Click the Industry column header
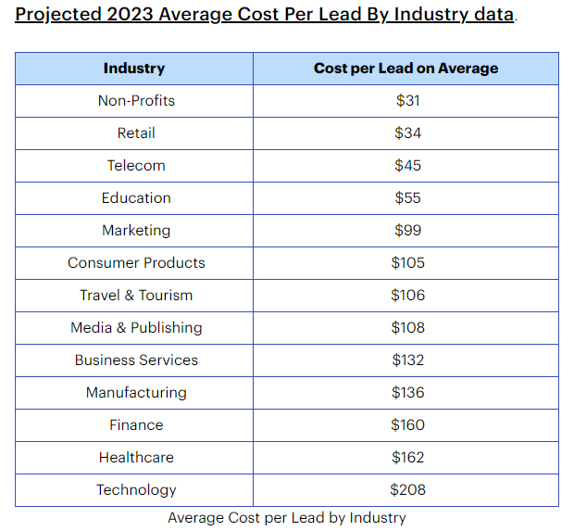(134, 68)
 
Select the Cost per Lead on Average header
(406, 68)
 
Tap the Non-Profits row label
(136, 100)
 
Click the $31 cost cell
(407, 100)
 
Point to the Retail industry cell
(136, 133)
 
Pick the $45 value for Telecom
(407, 165)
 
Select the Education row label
(136, 197)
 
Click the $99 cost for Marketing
(407, 230)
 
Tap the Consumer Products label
(136, 262)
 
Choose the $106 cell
(407, 295)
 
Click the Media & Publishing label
(136, 327)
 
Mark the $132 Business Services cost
(407, 360)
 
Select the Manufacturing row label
(136, 392)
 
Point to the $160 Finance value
(407, 424)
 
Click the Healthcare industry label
(136, 457)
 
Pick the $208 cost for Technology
(407, 489)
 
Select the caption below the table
(287, 517)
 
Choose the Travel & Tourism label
(136, 295)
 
